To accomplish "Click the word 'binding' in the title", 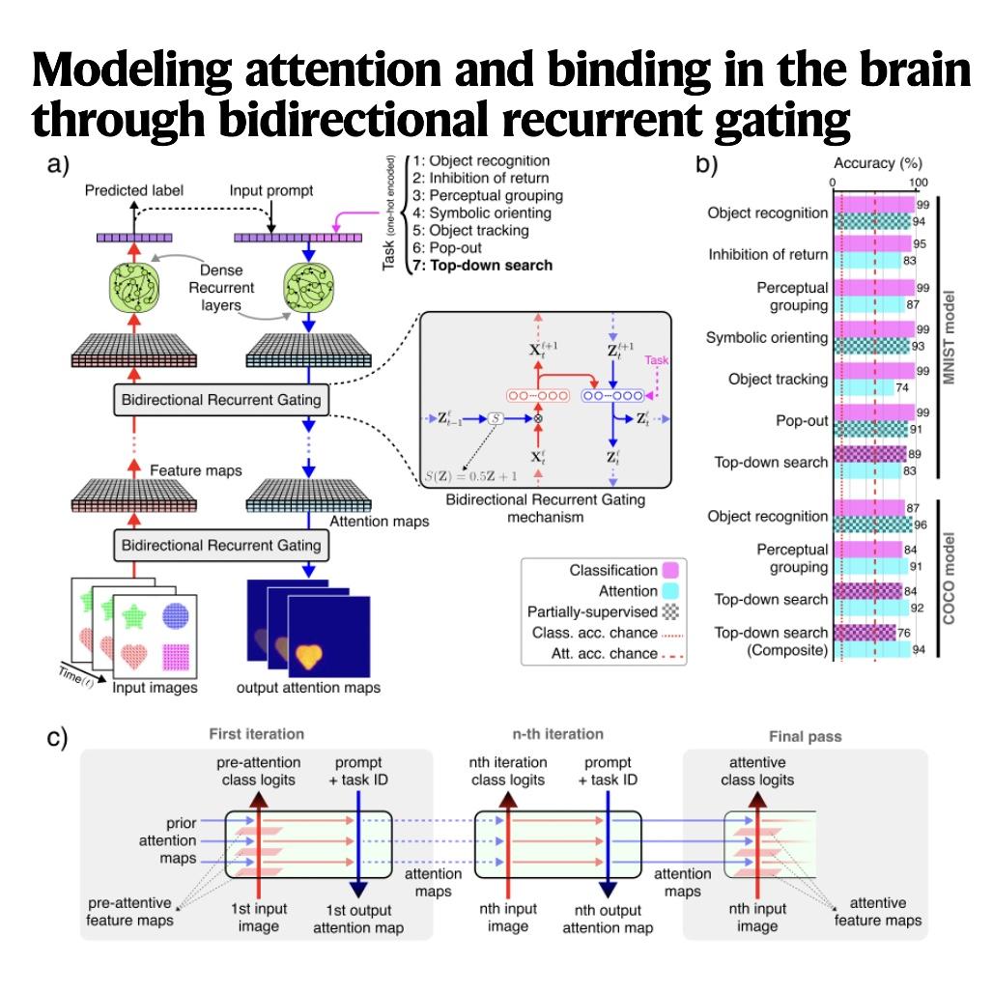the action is click(629, 70).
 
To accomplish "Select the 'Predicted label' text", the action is click(133, 190).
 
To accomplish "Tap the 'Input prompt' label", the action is click(271, 190).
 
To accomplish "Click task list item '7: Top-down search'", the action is click(483, 266).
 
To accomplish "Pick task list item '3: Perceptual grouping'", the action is click(488, 196).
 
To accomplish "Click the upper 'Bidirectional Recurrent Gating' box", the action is click(221, 400).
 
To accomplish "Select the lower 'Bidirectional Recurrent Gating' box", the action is click(221, 545).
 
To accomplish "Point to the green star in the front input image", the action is click(134, 616).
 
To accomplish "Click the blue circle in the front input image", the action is click(176, 615).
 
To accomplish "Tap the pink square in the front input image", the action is click(176, 657).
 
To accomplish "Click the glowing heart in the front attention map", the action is click(309, 656).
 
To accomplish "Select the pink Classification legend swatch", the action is click(670, 570).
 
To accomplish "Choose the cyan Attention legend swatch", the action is click(670, 591).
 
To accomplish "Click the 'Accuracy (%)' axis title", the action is click(878, 163).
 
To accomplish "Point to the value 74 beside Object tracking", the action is click(902, 387).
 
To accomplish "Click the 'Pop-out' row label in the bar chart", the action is click(802, 420).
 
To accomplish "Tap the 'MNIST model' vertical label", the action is click(949, 337).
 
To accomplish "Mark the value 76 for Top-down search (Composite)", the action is click(904, 633).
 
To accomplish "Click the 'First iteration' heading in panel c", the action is click(257, 734).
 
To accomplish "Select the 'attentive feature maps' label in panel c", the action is click(878, 911).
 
